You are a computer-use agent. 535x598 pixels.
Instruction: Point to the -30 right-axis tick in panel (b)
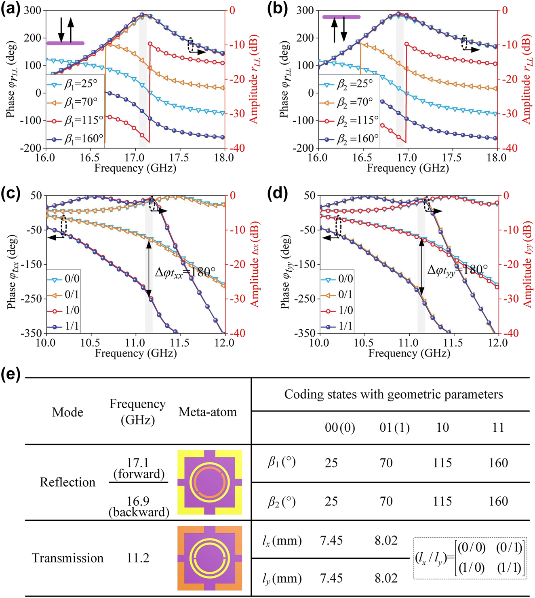[508, 114]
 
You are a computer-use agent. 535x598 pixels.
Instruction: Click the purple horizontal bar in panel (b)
[341, 17]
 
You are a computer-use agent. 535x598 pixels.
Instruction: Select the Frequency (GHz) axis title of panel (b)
[408, 168]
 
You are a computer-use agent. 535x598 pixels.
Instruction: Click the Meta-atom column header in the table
[207, 412]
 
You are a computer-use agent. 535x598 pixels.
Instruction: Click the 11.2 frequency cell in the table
[138, 558]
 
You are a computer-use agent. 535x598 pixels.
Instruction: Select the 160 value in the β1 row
[498, 463]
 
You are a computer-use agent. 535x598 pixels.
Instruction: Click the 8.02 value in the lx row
[386, 541]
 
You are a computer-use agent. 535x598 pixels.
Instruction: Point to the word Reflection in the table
[67, 482]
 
